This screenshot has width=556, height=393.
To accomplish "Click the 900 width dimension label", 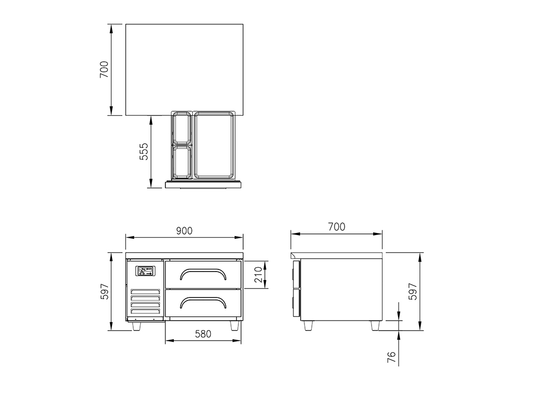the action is [x=184, y=231].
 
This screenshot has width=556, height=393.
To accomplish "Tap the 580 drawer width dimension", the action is [x=203, y=334].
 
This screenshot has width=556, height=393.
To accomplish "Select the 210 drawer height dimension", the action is [x=258, y=275].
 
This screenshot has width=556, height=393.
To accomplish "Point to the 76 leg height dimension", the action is [x=391, y=357].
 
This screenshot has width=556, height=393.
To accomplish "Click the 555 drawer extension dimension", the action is [x=144, y=151].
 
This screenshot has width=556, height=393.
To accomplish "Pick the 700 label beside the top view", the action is [x=104, y=70].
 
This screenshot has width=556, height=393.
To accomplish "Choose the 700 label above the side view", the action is [x=337, y=227].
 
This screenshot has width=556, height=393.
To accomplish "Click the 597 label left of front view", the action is [x=104, y=292].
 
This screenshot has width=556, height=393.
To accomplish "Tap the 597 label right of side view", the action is [x=413, y=292].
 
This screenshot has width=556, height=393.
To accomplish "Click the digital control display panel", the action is [x=145, y=271].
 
